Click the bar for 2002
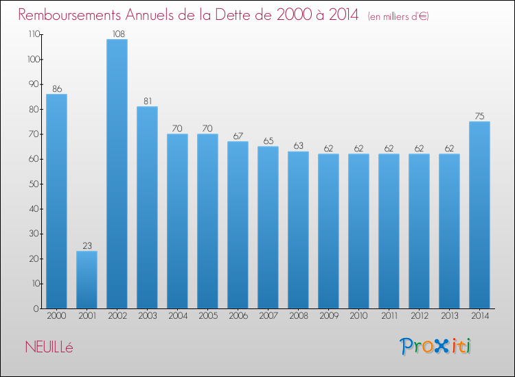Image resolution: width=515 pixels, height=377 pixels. [x=117, y=174]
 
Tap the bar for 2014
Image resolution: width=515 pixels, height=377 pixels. [x=479, y=215]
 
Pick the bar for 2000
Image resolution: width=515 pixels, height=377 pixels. [x=56, y=202]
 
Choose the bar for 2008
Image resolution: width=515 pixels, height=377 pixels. [x=298, y=230]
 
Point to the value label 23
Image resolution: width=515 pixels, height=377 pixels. [x=87, y=245]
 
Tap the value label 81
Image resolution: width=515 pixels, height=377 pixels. [x=147, y=100]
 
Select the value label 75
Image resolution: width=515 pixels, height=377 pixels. [x=479, y=115]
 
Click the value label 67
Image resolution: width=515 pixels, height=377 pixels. [x=238, y=135]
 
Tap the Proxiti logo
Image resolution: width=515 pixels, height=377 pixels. [x=435, y=346]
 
